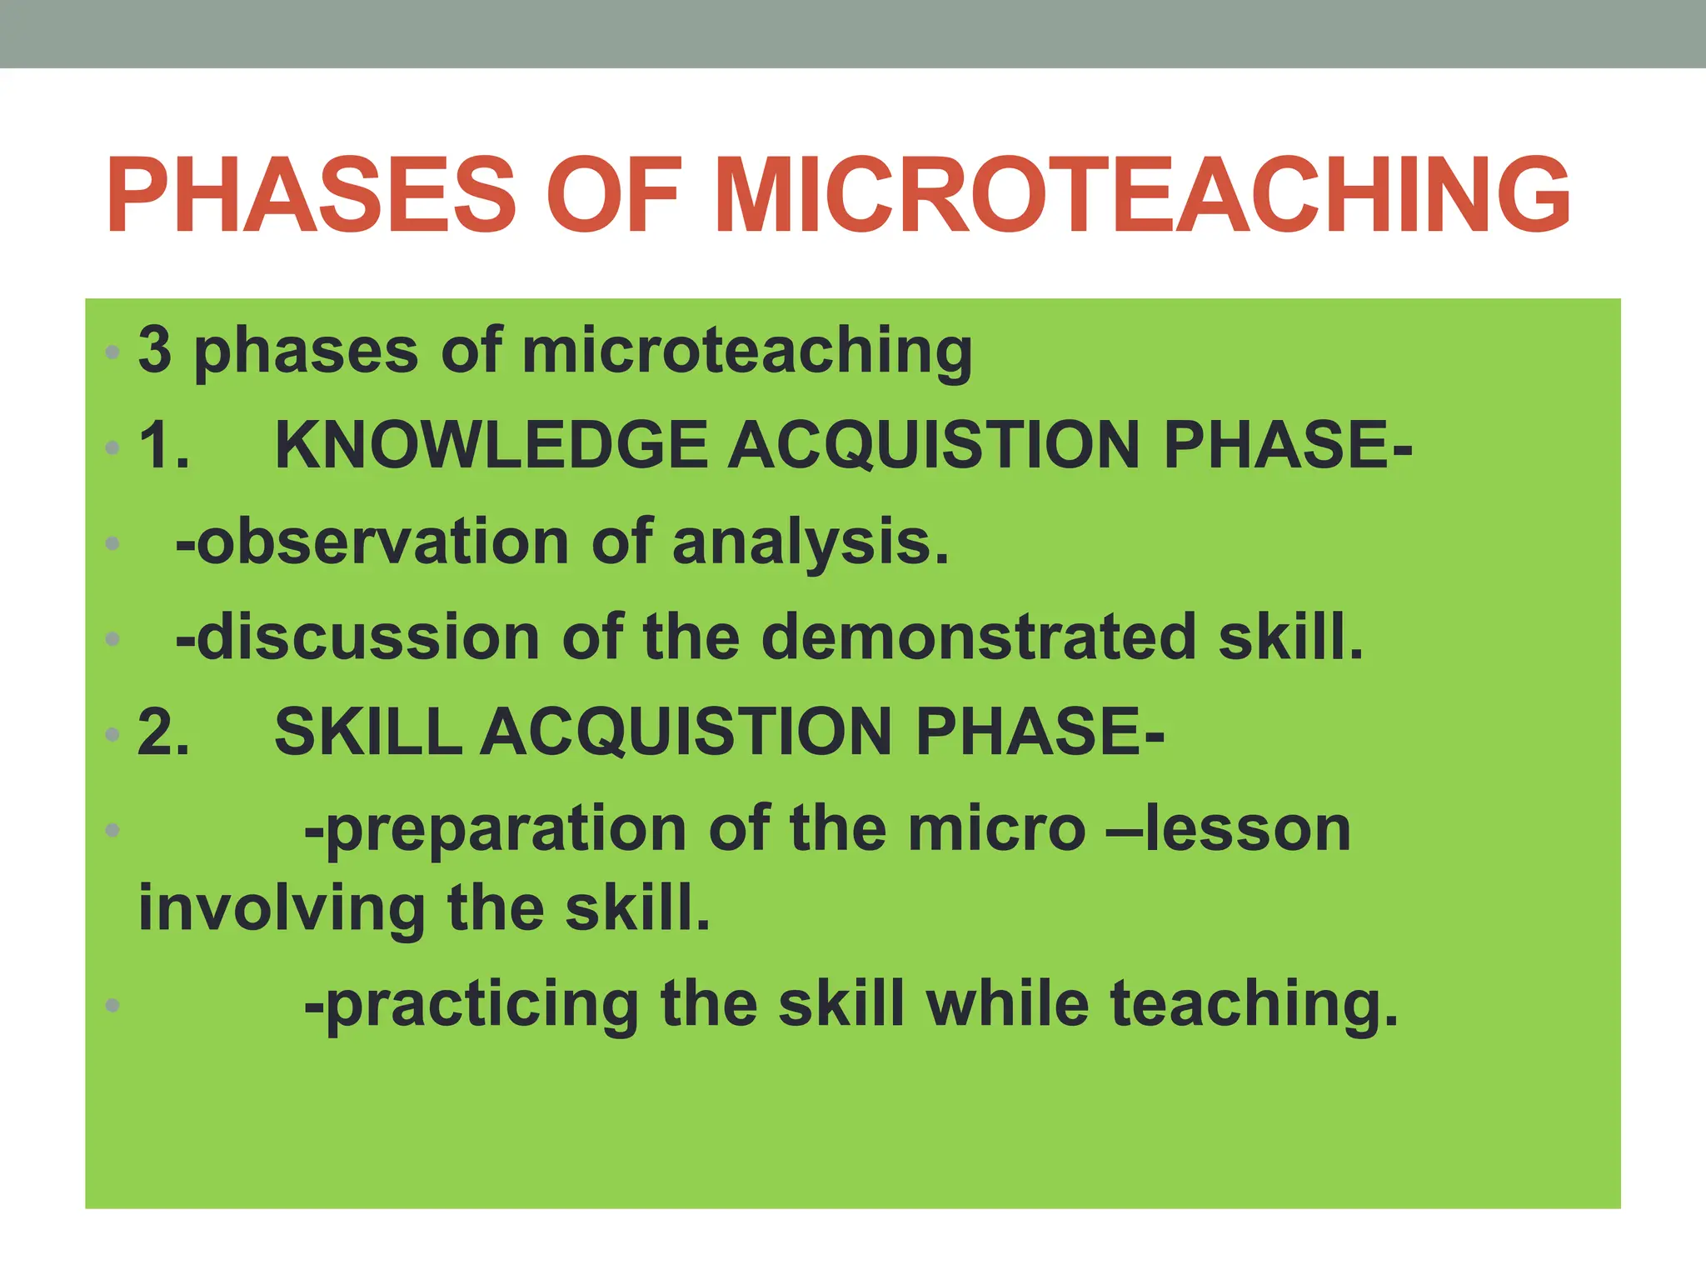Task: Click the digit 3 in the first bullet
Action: tap(155, 349)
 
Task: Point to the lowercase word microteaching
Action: tap(747, 352)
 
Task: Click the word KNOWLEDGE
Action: tap(491, 445)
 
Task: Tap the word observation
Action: tap(383, 542)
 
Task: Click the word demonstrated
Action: tap(980, 637)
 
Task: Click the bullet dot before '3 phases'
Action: tap(112, 352)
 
